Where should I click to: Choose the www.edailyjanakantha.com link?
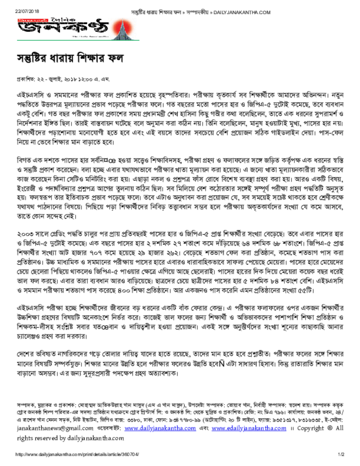pos(243,429)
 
